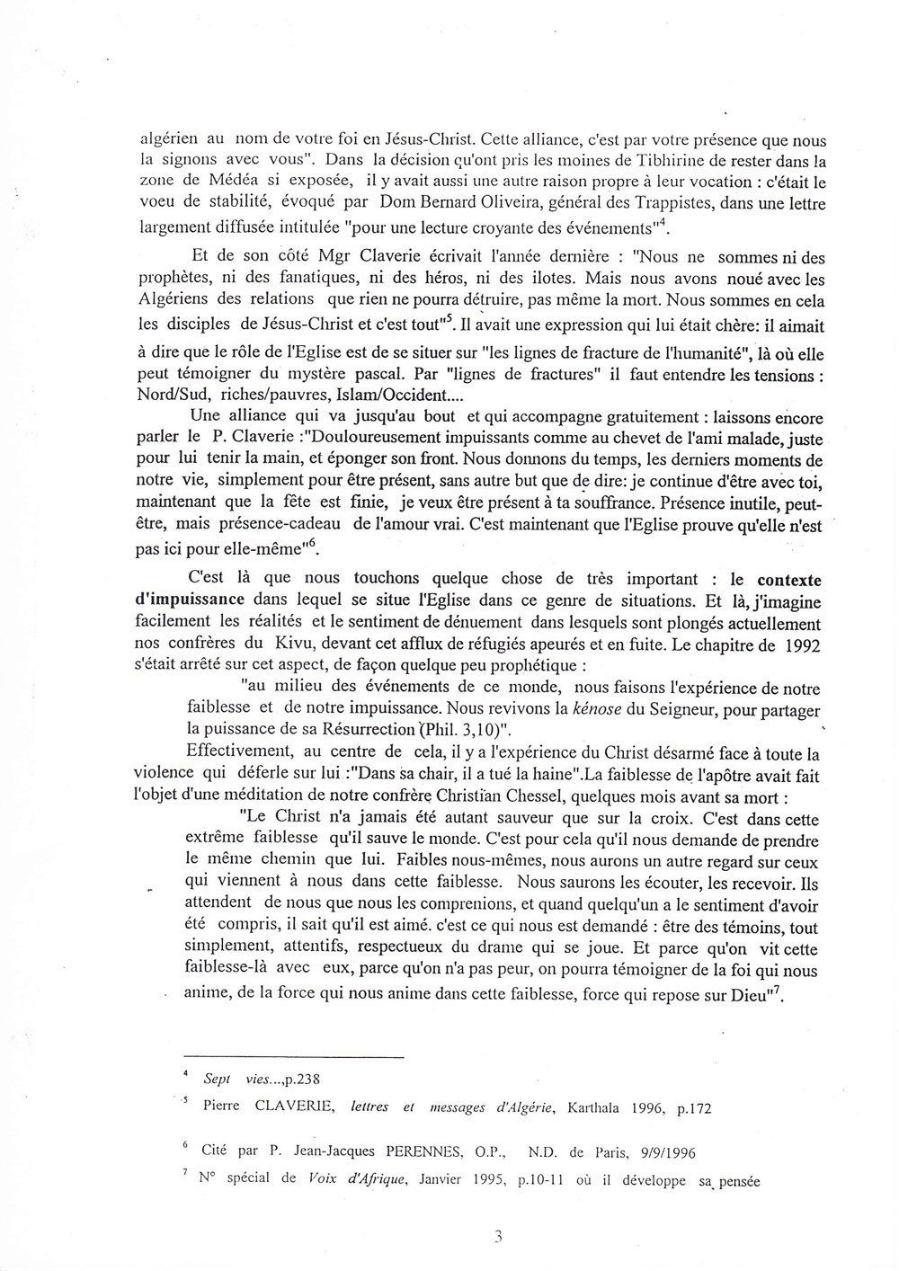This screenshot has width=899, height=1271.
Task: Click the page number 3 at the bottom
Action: click(497, 1237)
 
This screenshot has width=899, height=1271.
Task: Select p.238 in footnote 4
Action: click(302, 1081)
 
